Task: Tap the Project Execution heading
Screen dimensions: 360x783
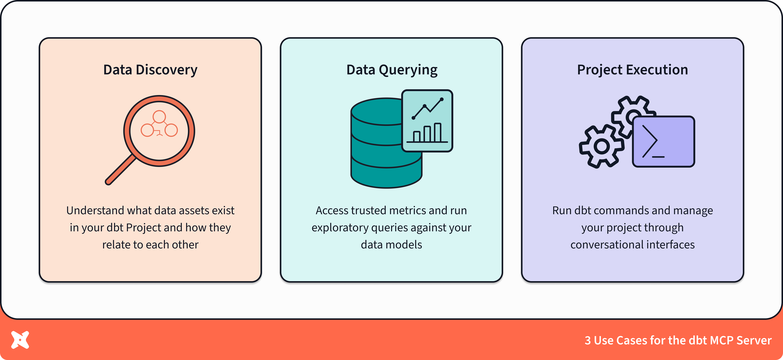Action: [x=632, y=70]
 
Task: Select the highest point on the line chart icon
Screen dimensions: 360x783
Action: [x=441, y=99]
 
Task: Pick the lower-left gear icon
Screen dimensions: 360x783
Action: [x=601, y=146]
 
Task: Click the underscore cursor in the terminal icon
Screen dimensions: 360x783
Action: [x=658, y=157]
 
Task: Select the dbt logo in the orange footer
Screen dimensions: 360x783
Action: [x=20, y=340]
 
